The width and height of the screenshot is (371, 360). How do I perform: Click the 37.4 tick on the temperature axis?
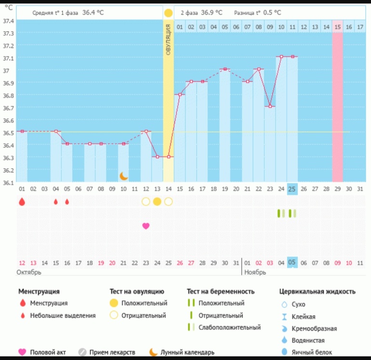click(8, 21)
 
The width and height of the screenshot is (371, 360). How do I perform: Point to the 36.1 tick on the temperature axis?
click(8, 183)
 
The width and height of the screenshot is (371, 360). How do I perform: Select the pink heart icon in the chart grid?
click(146, 226)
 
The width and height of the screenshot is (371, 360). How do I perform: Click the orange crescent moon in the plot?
click(124, 176)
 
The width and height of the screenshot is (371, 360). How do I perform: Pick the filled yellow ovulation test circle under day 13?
click(157, 201)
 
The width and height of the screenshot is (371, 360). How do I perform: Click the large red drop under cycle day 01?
click(22, 202)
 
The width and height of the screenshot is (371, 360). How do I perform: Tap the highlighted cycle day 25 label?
click(292, 189)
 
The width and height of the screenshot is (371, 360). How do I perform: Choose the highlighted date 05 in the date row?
click(292, 262)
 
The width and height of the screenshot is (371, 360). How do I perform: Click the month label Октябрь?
click(29, 272)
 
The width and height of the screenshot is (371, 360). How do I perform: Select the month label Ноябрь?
click(254, 272)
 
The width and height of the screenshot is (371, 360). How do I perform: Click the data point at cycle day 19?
click(225, 69)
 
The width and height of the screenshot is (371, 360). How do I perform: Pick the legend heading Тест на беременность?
click(221, 291)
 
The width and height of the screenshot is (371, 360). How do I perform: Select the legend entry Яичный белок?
click(312, 352)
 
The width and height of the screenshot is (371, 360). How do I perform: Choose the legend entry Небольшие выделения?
click(63, 316)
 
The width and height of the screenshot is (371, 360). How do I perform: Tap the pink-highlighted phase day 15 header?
click(338, 27)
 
